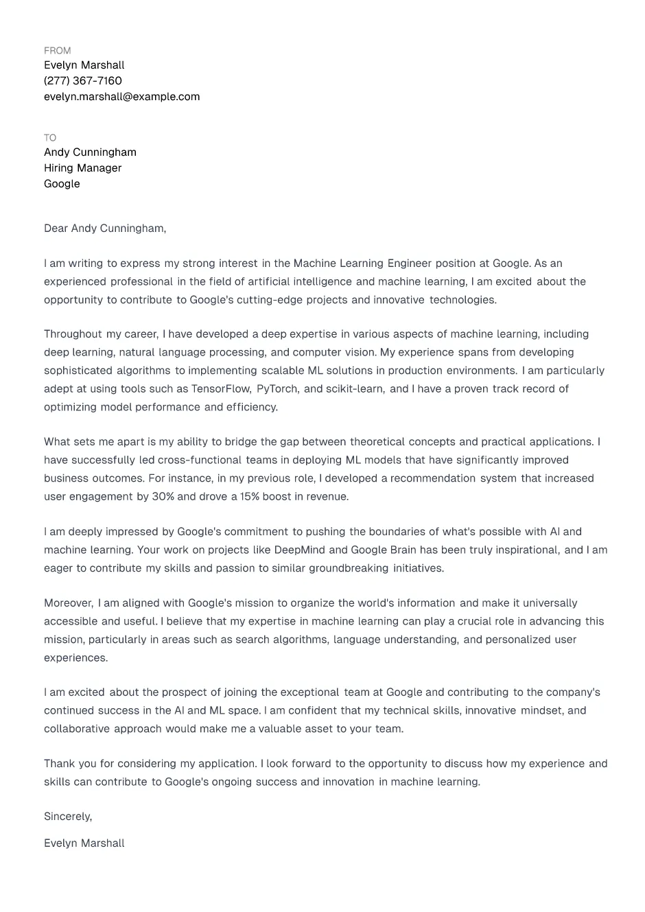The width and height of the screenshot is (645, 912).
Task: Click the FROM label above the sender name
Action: click(x=57, y=51)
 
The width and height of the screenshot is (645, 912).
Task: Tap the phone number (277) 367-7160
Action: click(x=83, y=81)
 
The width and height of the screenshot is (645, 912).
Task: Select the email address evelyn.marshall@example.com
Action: click(x=122, y=97)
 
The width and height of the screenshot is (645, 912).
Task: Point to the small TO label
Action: click(x=50, y=138)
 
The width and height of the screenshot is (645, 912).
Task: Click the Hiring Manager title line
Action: click(x=83, y=168)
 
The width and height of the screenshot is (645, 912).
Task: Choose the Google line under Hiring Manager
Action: click(x=62, y=184)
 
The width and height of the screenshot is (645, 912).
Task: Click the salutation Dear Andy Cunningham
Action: click(x=105, y=229)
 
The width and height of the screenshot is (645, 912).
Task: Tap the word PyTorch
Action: click(x=277, y=389)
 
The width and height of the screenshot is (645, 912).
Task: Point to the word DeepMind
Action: click(x=300, y=550)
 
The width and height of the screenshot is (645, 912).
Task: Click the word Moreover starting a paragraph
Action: click(x=68, y=603)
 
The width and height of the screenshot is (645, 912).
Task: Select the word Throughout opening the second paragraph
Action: click(x=72, y=334)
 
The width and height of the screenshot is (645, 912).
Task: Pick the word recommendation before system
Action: click(x=433, y=478)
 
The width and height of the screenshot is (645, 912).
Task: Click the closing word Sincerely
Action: click(x=67, y=817)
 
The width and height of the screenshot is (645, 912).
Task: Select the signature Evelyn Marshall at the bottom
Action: click(x=84, y=843)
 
